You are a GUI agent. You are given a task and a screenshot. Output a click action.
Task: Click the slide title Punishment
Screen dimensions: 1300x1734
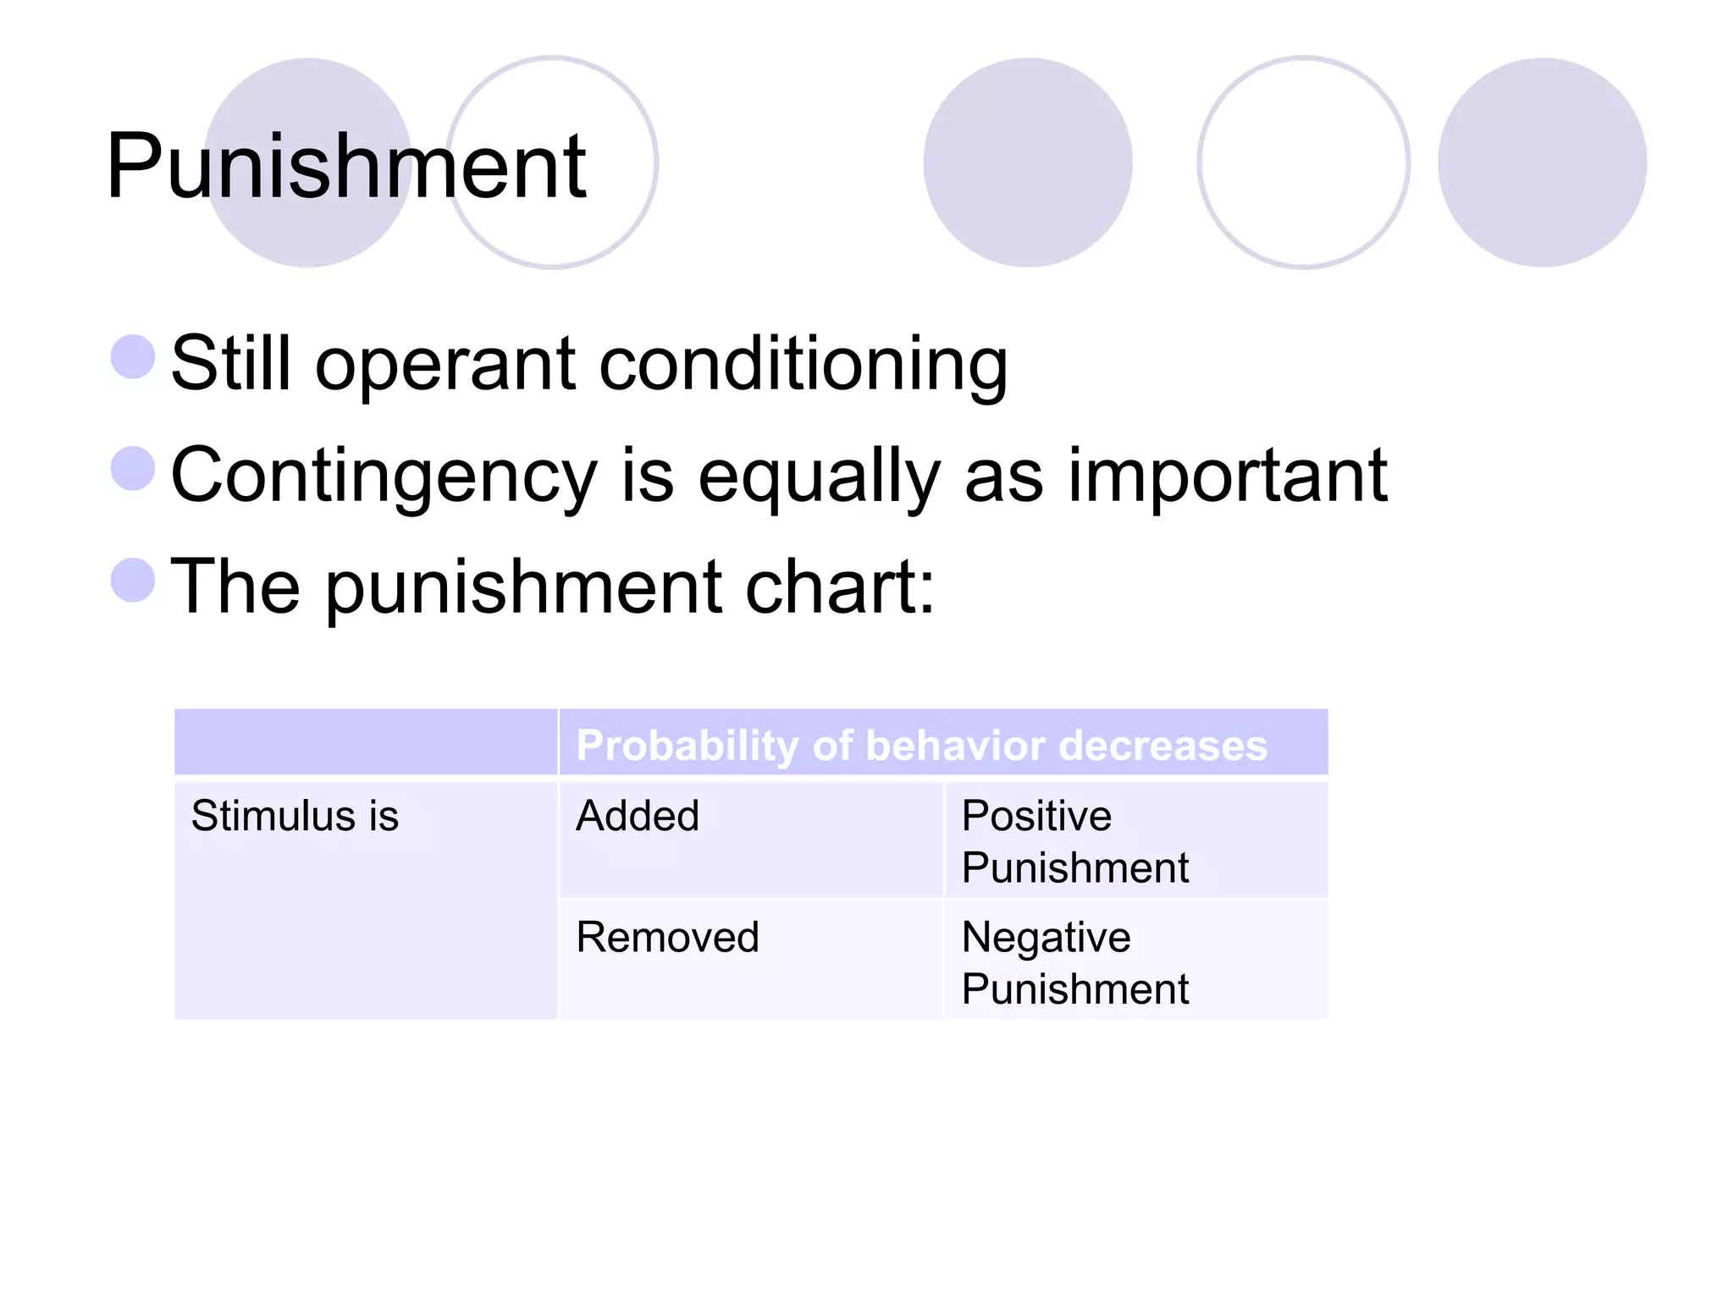[x=345, y=168]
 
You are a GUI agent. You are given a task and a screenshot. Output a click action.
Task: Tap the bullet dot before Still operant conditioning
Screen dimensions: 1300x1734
[x=133, y=356]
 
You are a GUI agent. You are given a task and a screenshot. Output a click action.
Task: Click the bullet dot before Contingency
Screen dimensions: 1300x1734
[x=133, y=468]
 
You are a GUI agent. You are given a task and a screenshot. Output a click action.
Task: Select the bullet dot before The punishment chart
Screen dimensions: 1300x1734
[x=133, y=580]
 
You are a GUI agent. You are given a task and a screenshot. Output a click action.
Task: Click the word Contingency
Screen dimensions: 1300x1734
[x=384, y=477]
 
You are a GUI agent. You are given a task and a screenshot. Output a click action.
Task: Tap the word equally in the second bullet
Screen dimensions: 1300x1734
[x=818, y=477]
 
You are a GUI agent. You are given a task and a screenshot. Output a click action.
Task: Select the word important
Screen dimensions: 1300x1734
[x=1227, y=476]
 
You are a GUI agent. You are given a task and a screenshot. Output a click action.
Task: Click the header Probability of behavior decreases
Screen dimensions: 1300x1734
[x=921, y=746]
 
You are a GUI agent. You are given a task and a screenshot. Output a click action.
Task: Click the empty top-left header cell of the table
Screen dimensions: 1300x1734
[x=365, y=742]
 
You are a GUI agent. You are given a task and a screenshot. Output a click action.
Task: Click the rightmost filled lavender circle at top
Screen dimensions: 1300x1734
[x=1541, y=162]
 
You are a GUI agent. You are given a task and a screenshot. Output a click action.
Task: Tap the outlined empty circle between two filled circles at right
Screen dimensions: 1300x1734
[x=1303, y=162]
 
